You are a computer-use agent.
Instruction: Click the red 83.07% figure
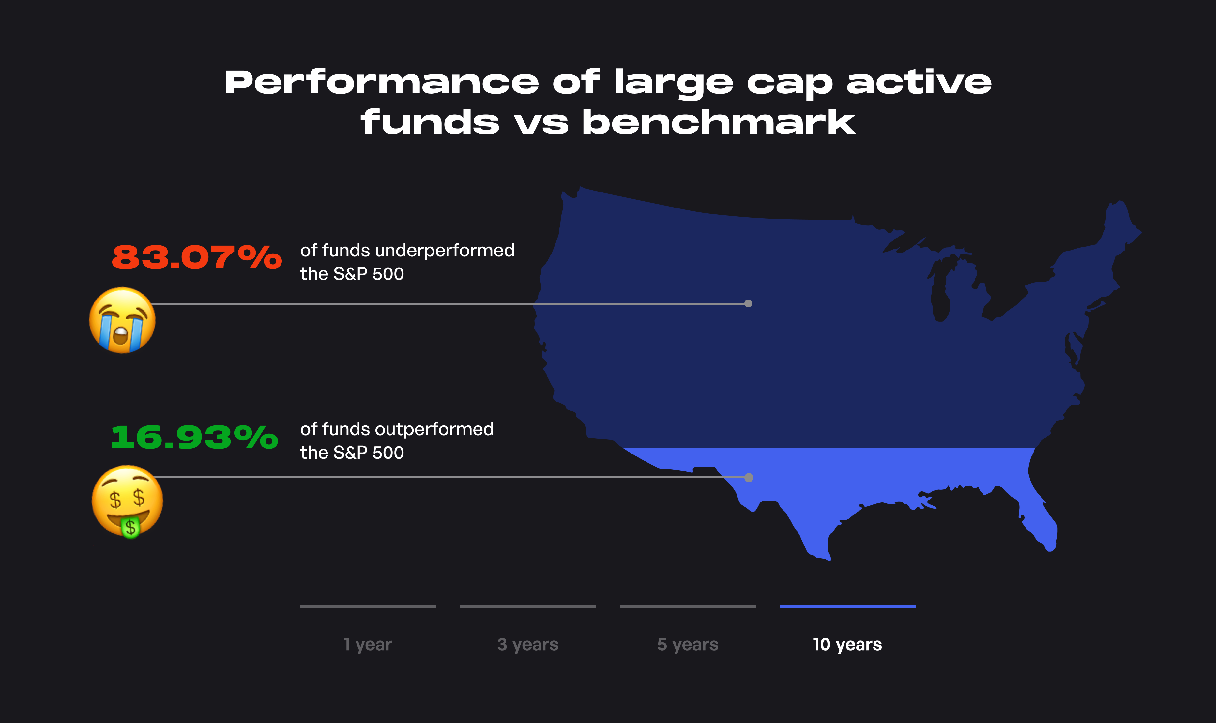pyautogui.click(x=197, y=257)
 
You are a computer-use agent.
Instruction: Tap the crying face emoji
pyautogui.click(x=122, y=320)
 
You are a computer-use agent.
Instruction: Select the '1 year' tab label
pyautogui.click(x=368, y=645)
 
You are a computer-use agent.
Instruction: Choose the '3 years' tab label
pyautogui.click(x=528, y=645)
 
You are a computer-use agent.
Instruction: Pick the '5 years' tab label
pyautogui.click(x=688, y=645)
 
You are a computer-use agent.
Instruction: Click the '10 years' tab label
pyautogui.click(x=847, y=645)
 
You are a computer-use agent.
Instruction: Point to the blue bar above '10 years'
pyautogui.click(x=847, y=606)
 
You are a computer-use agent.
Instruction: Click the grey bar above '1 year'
pyautogui.click(x=368, y=606)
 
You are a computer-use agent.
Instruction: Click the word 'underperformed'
pyautogui.click(x=445, y=251)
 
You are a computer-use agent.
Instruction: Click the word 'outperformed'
pyautogui.click(x=434, y=429)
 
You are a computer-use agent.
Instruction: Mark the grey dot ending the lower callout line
pyautogui.click(x=749, y=477)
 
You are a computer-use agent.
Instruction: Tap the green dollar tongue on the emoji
pyautogui.click(x=130, y=528)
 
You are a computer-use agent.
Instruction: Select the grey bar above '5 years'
pyautogui.click(x=688, y=606)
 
